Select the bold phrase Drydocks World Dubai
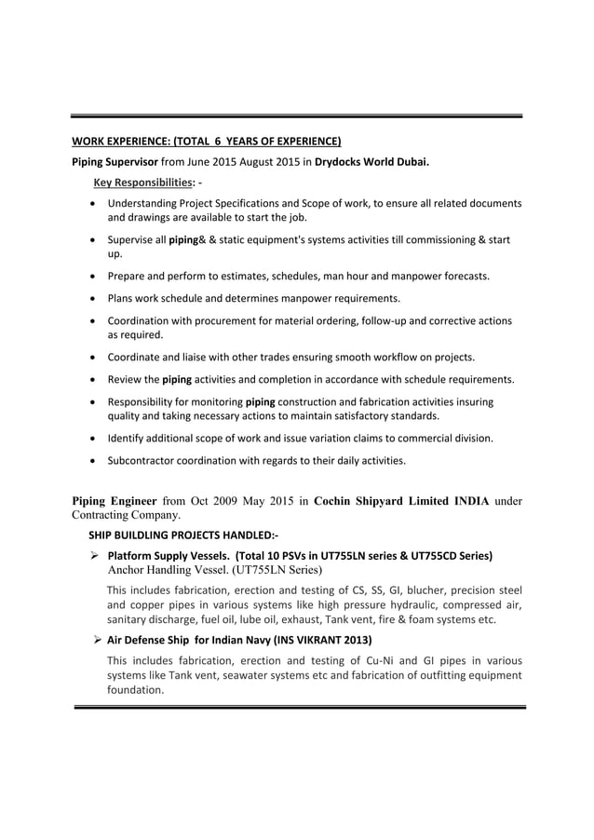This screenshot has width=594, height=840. click(x=371, y=161)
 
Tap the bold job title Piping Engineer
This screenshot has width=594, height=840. click(x=117, y=500)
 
